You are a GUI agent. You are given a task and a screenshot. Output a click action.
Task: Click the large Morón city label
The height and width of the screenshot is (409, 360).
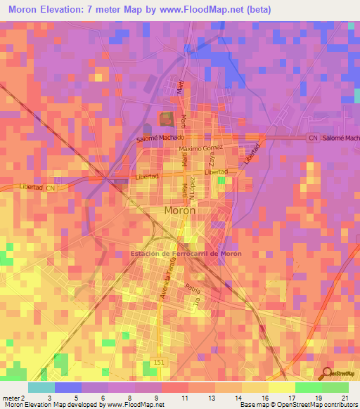[x=180, y=210]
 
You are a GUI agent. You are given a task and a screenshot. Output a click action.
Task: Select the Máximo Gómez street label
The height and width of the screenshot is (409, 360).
[x=200, y=149]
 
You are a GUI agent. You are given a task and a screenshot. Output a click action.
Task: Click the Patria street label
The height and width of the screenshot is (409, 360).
[x=193, y=287]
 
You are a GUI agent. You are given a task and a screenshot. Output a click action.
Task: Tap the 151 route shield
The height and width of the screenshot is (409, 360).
[x=155, y=363]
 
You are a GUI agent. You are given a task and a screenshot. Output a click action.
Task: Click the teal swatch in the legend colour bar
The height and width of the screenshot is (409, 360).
[x=41, y=387]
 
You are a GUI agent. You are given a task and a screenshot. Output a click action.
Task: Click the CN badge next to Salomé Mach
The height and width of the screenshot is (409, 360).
[x=311, y=138]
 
